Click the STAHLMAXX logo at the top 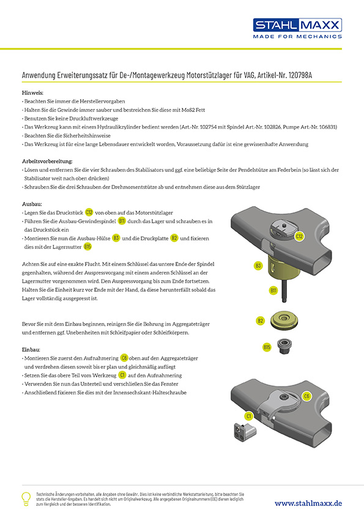pos(297,25)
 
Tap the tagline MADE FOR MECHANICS pos(297,37)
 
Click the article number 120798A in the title pos(300,75)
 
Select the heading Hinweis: pos(32,93)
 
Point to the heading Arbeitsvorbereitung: pos(47,161)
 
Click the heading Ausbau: pos(32,204)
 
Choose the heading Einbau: pos(31,350)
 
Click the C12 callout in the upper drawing pos(299,236)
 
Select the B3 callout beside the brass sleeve pos(258,265)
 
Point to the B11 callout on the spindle pos(273,291)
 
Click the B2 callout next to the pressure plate pos(260,320)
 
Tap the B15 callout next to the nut pos(267,347)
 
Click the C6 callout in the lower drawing pos(306,396)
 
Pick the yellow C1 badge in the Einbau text pos(122,375)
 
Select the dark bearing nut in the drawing pos(284,346)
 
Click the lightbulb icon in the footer pos(26,498)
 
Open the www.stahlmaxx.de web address pos(308,503)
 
